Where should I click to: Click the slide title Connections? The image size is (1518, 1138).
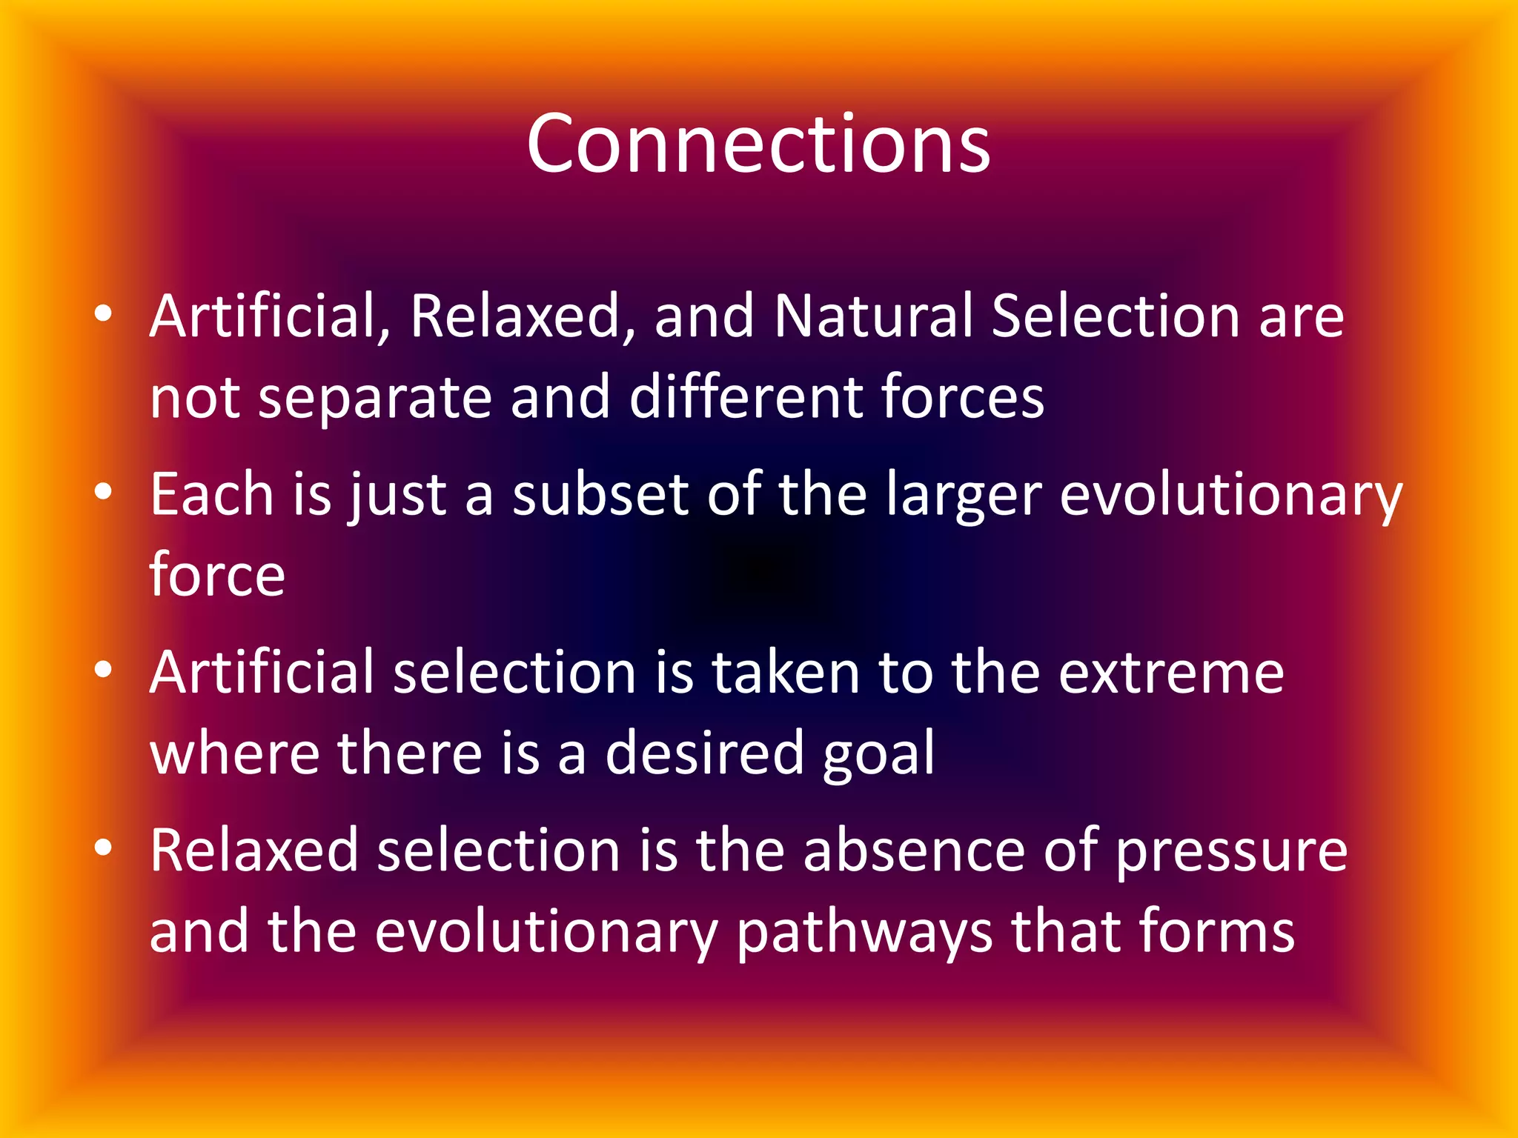(x=758, y=144)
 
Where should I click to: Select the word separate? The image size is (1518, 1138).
(x=375, y=398)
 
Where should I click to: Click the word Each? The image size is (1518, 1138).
(x=212, y=494)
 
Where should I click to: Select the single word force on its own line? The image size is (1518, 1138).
(x=217, y=574)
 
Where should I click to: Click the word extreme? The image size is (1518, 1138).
(x=1171, y=673)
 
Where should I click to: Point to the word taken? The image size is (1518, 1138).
(x=785, y=673)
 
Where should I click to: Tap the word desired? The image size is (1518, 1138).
(x=704, y=753)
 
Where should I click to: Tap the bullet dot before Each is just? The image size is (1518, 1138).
(x=103, y=492)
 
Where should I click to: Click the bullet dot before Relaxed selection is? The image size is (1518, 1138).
(x=103, y=848)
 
